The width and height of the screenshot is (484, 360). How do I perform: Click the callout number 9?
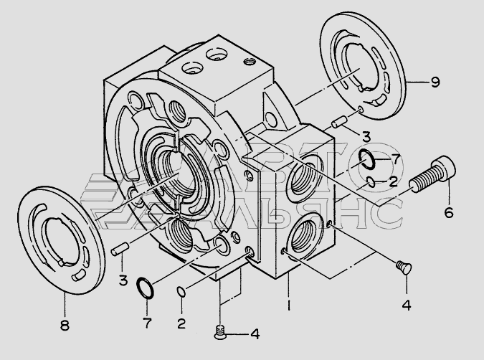pyautogui.click(x=435, y=82)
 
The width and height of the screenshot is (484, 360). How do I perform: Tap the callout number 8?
pyautogui.click(x=65, y=324)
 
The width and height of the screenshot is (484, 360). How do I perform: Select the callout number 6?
pyautogui.click(x=450, y=212)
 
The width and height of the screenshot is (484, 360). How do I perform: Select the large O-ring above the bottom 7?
pyautogui.click(x=145, y=288)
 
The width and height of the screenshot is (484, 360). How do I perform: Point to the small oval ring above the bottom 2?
pyautogui.click(x=181, y=291)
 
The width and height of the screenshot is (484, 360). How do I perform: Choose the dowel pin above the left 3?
pyautogui.click(x=120, y=251)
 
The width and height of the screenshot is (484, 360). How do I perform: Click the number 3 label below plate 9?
pyautogui.click(x=365, y=136)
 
